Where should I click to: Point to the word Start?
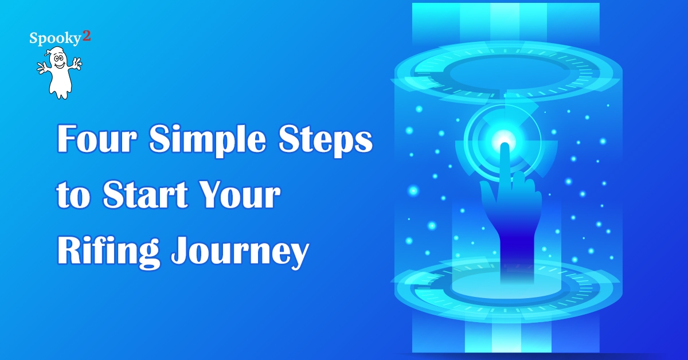[145, 194]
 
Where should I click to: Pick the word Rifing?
[108, 251]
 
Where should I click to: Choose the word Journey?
[240, 251]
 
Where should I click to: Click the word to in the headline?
[74, 196]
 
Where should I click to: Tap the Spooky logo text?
[55, 39]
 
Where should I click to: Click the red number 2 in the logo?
[87, 36]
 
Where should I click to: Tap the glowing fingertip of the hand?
[505, 147]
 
